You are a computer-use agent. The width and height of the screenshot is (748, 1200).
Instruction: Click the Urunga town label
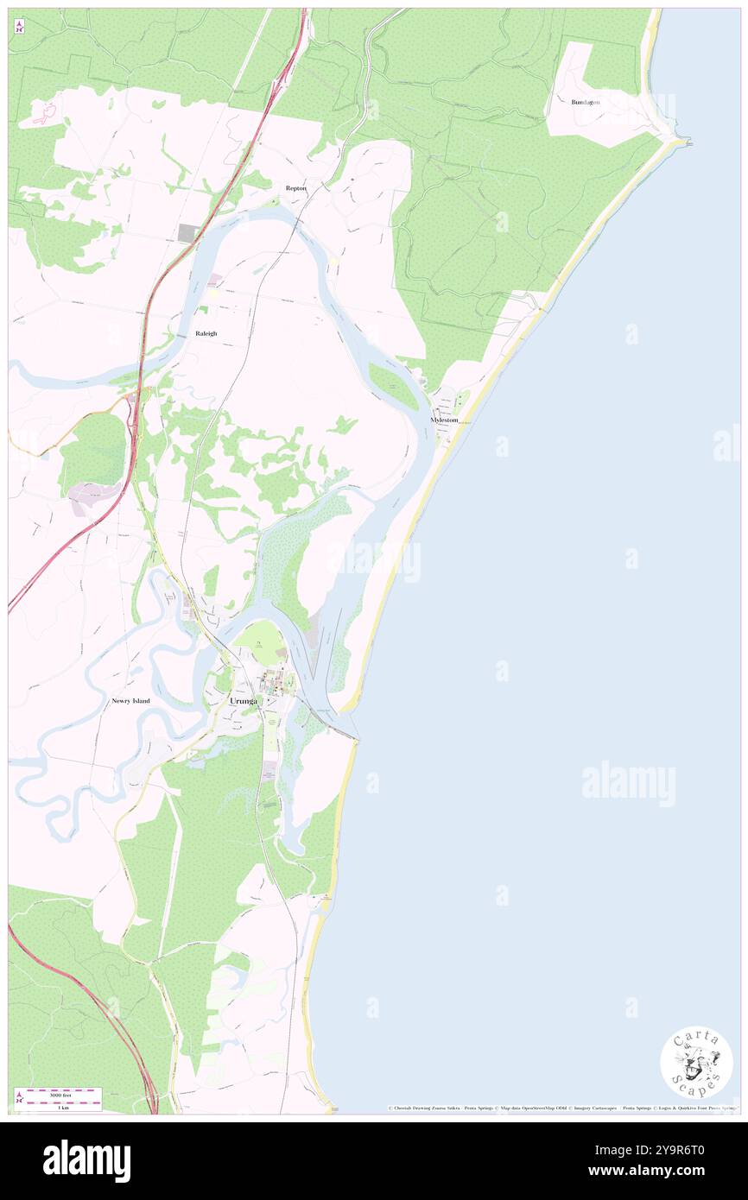click(244, 701)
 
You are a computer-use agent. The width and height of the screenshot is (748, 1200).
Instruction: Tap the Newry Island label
click(130, 701)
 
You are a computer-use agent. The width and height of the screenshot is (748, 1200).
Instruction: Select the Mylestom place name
click(444, 420)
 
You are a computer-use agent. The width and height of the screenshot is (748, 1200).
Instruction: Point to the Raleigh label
click(206, 333)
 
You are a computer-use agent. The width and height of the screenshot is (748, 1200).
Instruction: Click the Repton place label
click(296, 187)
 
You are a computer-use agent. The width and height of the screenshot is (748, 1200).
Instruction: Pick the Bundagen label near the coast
click(586, 102)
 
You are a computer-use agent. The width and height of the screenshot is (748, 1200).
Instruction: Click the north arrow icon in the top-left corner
click(19, 27)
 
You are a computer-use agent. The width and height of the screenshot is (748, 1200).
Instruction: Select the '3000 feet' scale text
click(64, 1093)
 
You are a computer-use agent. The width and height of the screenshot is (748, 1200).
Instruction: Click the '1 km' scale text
click(63, 1108)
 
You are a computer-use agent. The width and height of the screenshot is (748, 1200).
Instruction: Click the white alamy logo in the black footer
click(87, 1160)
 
